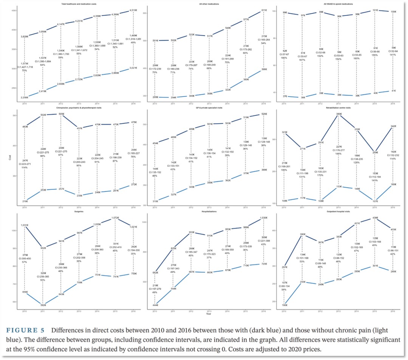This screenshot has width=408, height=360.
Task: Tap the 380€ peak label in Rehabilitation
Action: [339, 114]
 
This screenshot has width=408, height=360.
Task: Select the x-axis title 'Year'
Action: [209, 313]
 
